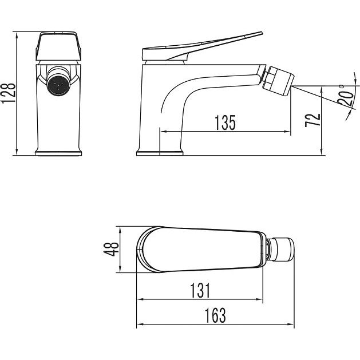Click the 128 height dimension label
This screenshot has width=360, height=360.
click(9, 93)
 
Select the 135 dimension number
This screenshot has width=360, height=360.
click(225, 122)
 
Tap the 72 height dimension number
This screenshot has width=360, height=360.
click(312, 120)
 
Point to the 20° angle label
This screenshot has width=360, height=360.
click(346, 95)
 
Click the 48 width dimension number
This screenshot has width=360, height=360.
click(111, 250)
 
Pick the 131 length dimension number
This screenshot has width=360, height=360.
click(200, 290)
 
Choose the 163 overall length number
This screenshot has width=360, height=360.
click(215, 315)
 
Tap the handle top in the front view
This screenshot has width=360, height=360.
click(58, 46)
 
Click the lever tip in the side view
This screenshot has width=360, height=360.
click(262, 33)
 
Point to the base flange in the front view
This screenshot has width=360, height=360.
click(58, 153)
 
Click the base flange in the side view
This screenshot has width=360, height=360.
click(160, 153)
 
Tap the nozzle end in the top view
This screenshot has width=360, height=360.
click(283, 250)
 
